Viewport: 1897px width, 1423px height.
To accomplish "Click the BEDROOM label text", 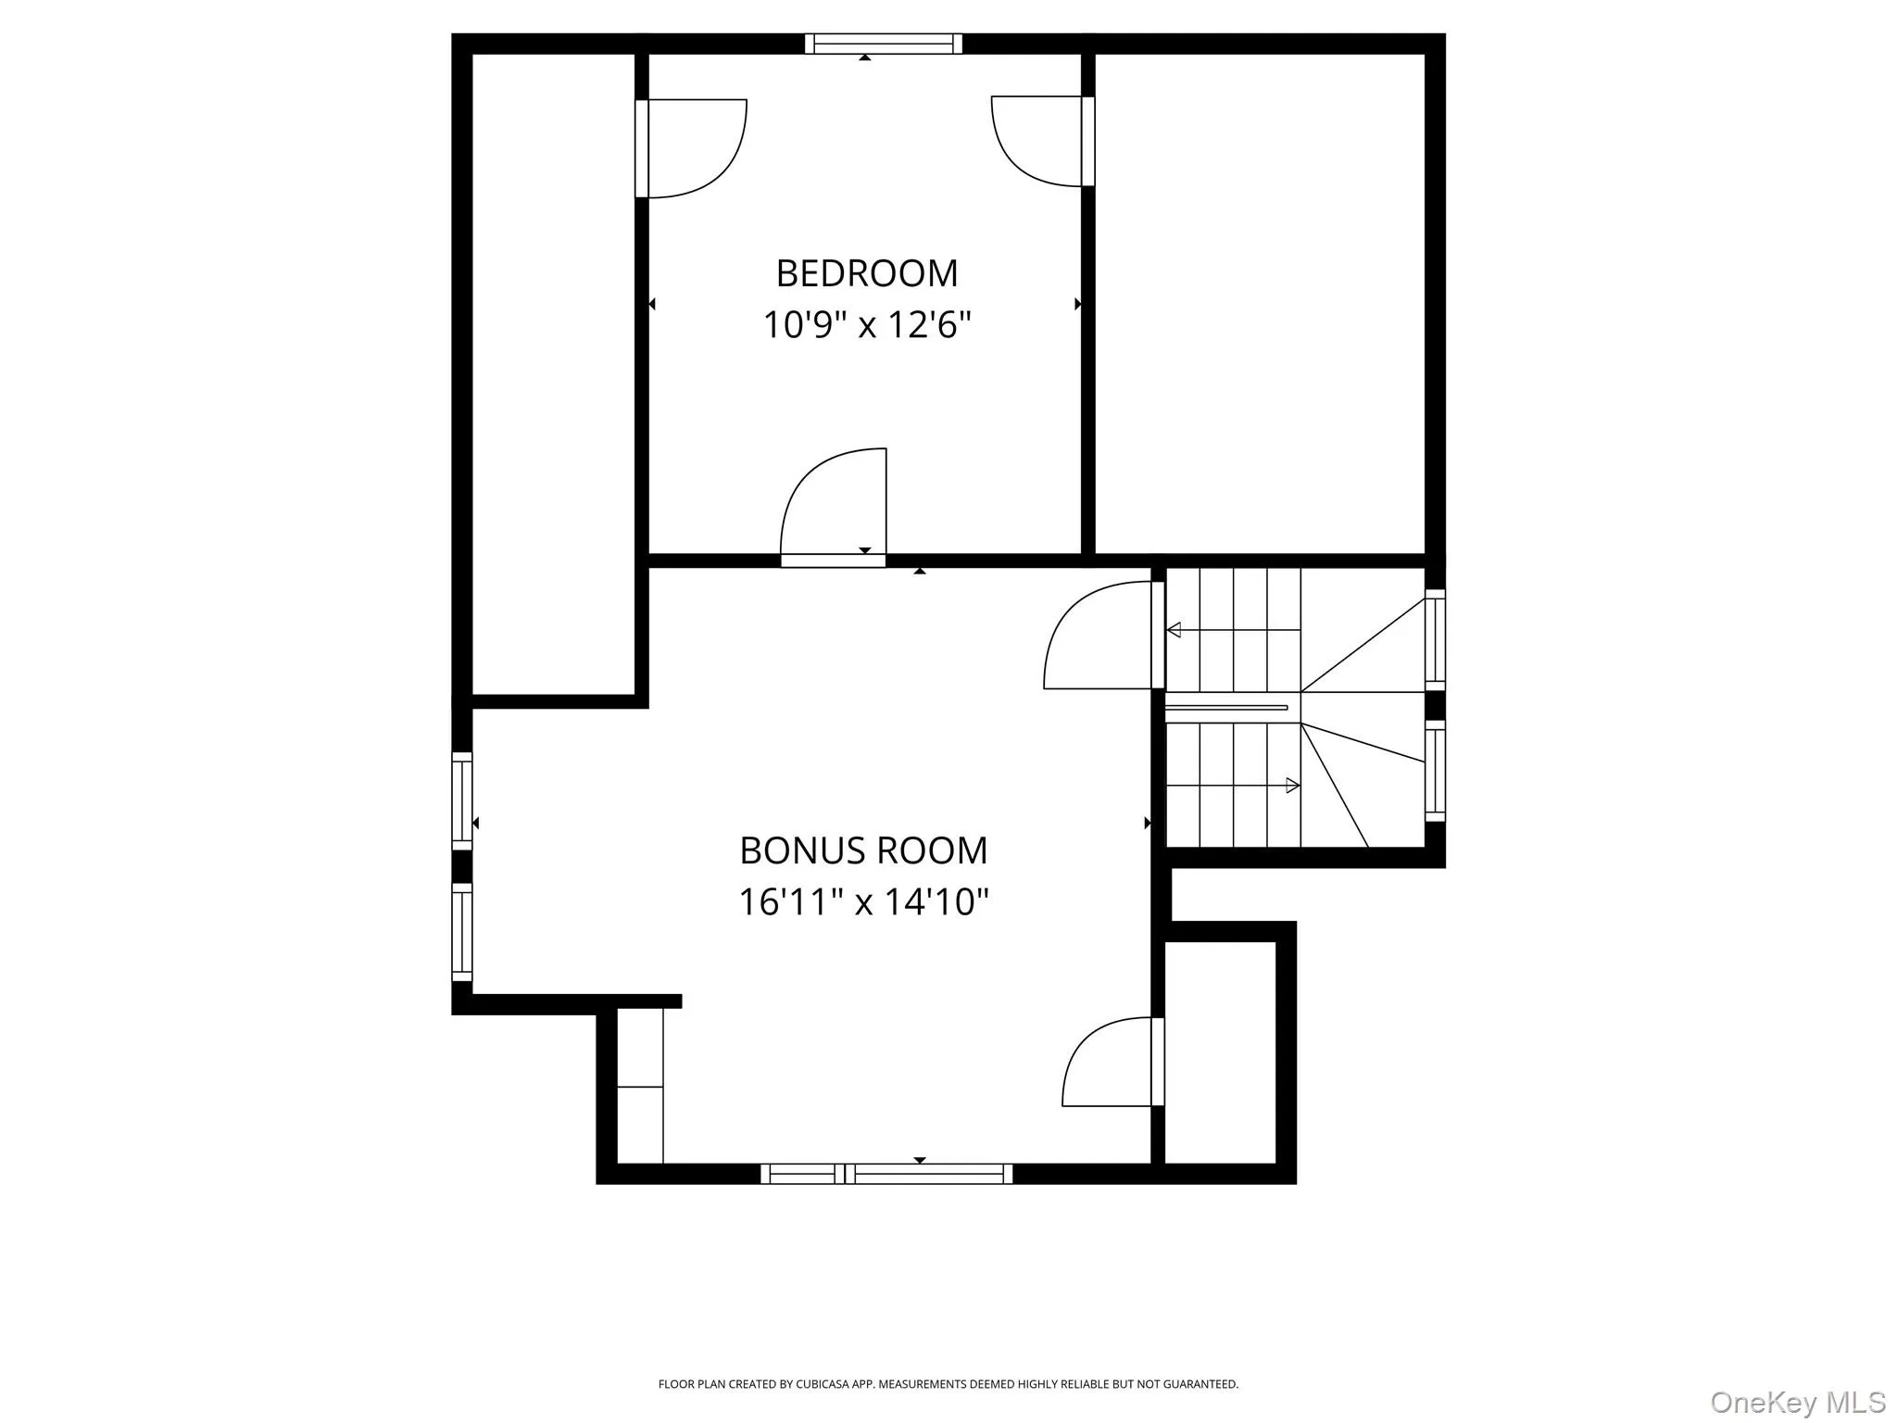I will tap(866, 273).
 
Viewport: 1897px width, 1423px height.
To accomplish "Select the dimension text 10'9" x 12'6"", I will tap(866, 325).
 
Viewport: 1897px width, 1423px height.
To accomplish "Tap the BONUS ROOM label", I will tap(863, 850).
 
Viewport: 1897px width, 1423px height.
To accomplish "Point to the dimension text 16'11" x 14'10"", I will tap(863, 901).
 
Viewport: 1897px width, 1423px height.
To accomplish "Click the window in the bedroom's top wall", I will tap(883, 44).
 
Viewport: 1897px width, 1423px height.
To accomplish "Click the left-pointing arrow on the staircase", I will tap(1175, 630).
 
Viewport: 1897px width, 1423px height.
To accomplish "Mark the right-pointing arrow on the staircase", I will tap(1292, 786).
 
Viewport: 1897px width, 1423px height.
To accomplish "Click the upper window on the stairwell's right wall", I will tap(1435, 639).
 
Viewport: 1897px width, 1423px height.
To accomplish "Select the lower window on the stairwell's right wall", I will tap(1435, 771).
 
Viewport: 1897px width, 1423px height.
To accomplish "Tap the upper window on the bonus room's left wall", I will tap(461, 800).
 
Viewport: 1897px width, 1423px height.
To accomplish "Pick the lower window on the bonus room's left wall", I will tap(461, 932).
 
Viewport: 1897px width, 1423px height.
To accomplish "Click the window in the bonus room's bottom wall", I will tap(886, 1174).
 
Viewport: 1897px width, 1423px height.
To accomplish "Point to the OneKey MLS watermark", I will tap(1797, 1403).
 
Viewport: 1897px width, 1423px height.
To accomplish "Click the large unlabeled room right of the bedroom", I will tap(1260, 304).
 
